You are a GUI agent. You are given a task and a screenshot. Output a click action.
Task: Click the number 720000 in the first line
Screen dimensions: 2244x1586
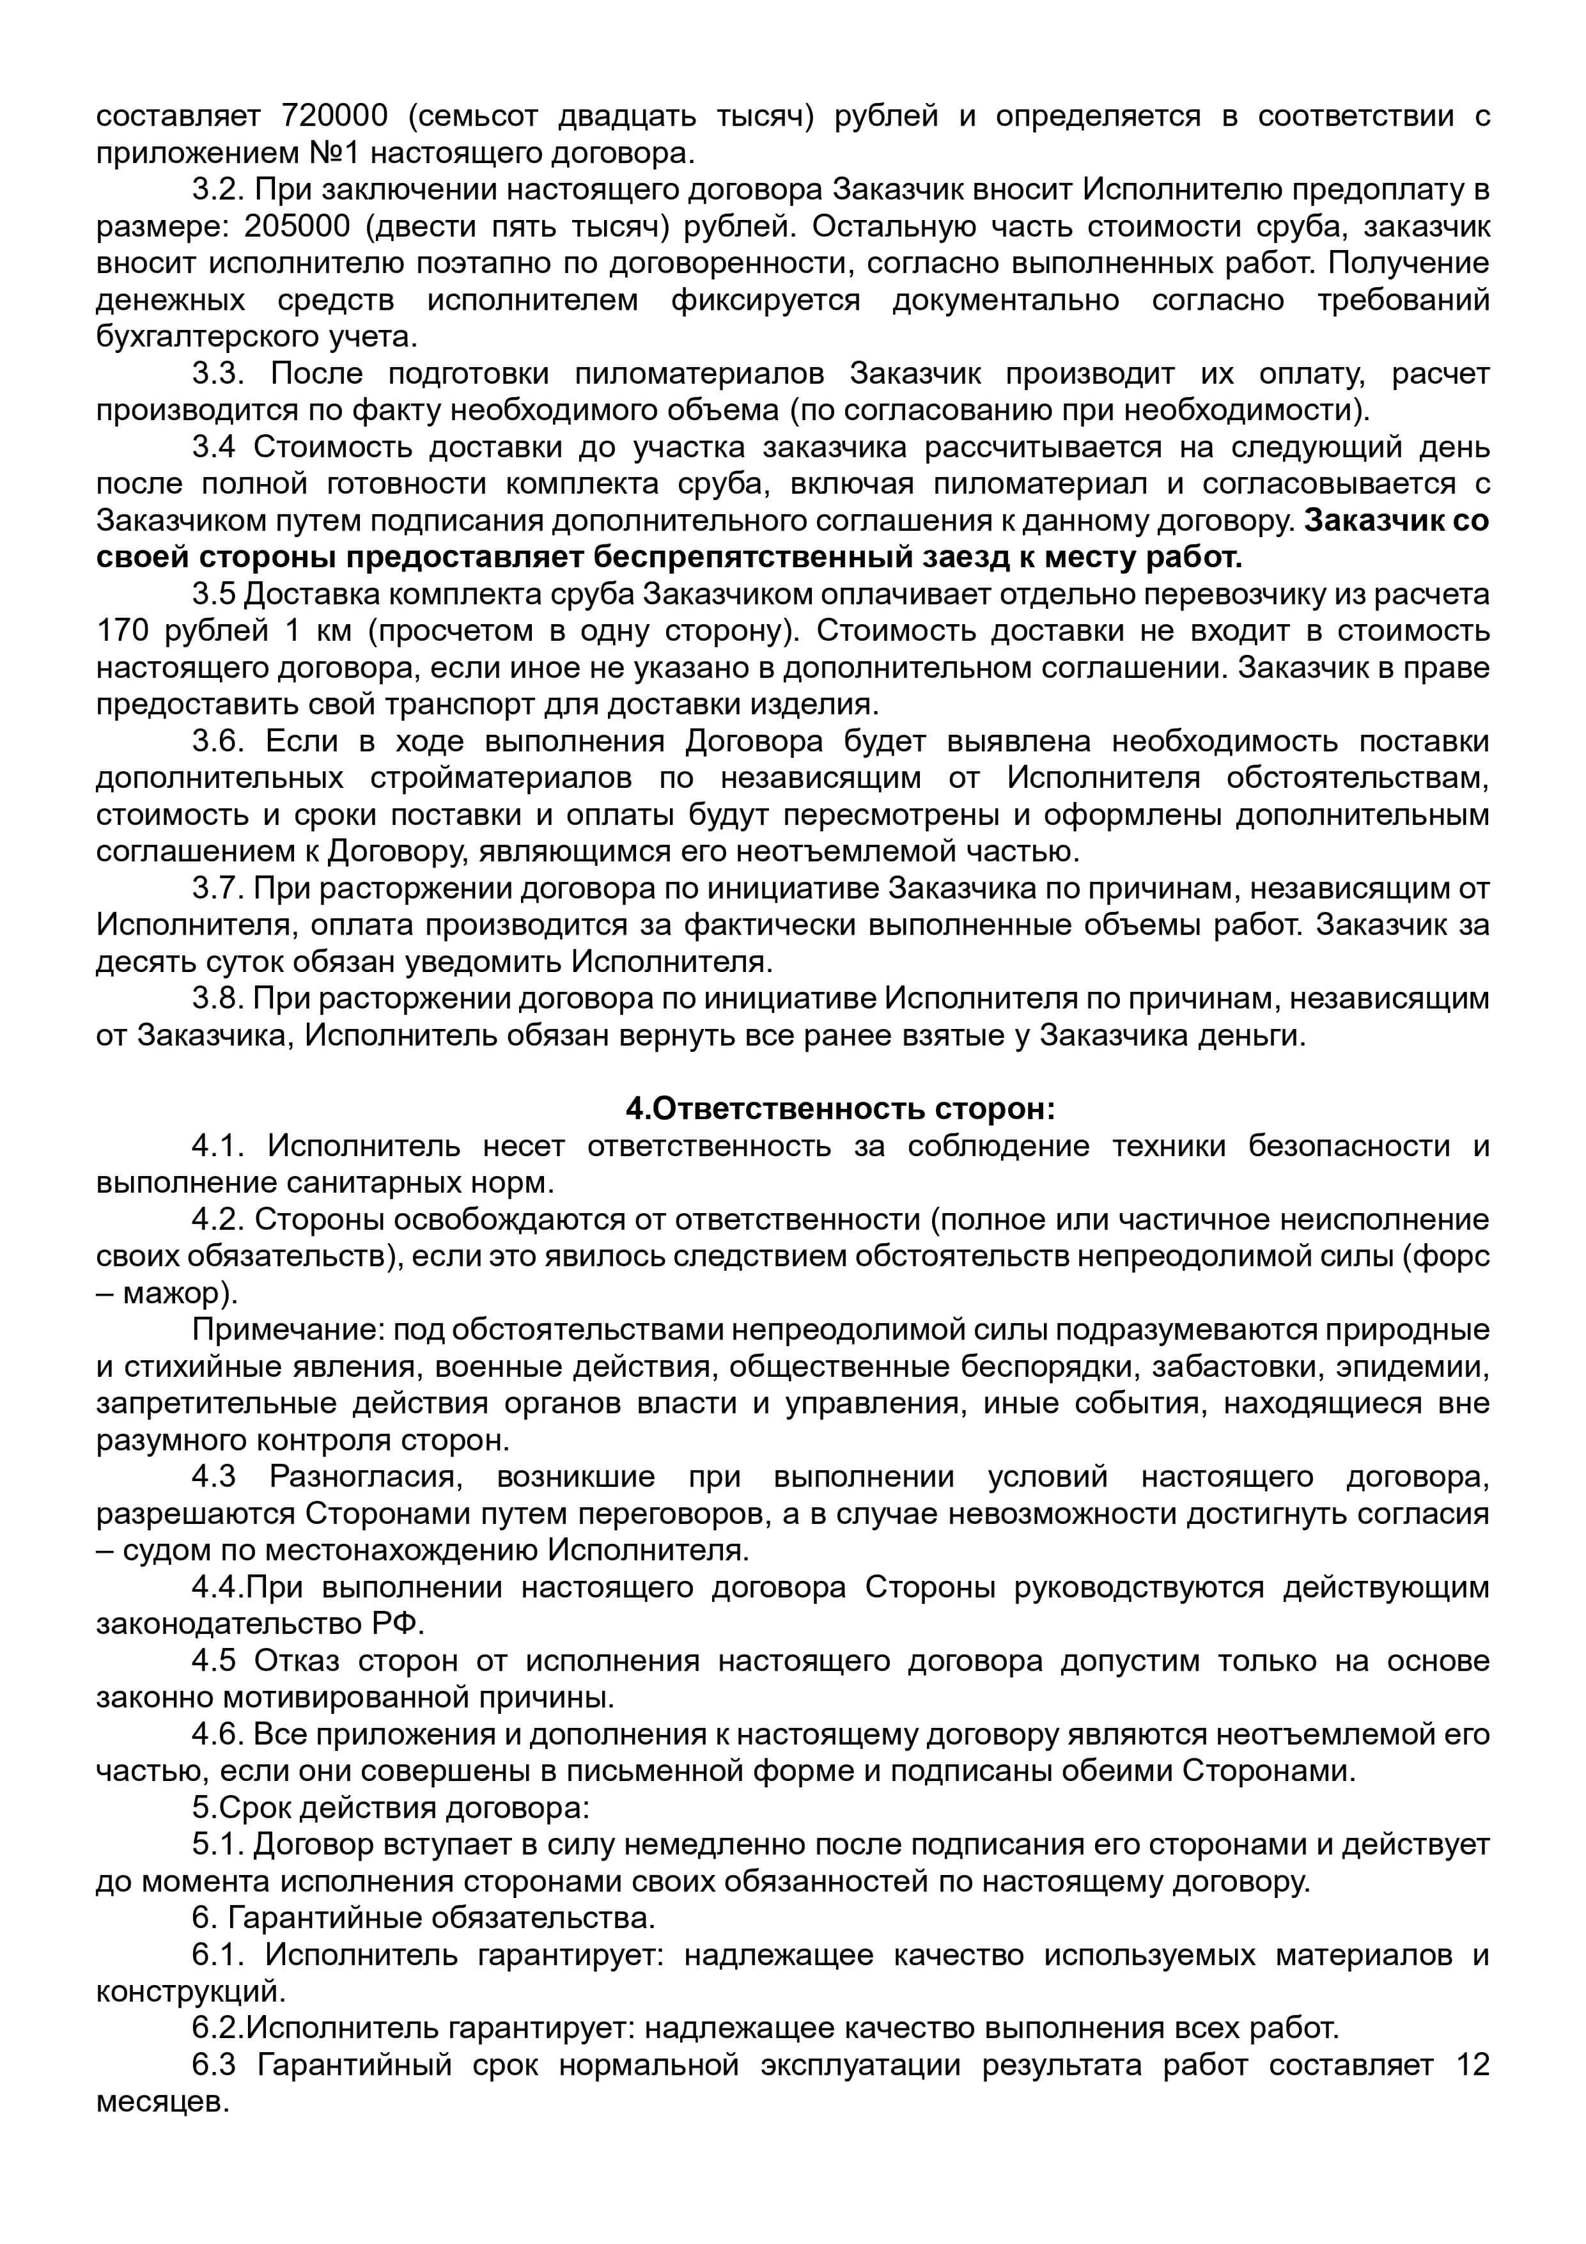click(334, 116)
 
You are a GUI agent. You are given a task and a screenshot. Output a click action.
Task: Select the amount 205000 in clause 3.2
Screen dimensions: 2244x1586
click(297, 227)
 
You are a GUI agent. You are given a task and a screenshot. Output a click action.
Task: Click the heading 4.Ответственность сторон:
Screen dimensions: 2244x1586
click(841, 1110)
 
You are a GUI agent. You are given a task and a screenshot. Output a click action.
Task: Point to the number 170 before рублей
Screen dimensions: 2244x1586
click(123, 631)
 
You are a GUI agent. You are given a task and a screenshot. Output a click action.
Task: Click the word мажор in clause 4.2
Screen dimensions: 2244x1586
click(177, 1293)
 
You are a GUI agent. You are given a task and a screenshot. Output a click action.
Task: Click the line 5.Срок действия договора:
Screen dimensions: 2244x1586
click(391, 1808)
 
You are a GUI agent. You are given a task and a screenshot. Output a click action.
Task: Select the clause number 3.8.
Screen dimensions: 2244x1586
click(218, 999)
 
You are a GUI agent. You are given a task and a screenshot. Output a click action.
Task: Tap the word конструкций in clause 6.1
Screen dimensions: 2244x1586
click(190, 1992)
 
